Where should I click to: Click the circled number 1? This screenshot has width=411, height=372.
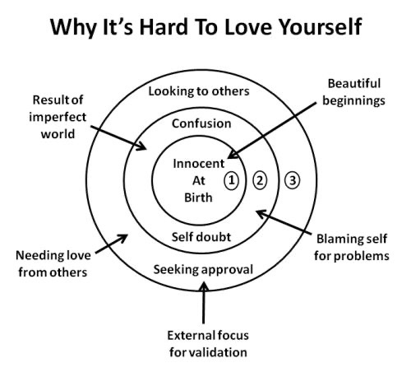click(232, 180)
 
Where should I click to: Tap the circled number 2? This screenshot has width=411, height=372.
click(260, 180)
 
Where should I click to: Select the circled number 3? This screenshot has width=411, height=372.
click(293, 180)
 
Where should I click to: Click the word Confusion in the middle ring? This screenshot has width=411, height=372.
click(201, 123)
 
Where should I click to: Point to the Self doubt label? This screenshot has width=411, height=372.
click(201, 237)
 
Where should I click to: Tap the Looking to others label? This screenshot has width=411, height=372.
click(199, 91)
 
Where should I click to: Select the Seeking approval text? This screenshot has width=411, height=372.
click(203, 270)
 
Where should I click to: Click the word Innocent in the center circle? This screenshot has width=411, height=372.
click(199, 164)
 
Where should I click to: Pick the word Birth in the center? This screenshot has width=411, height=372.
click(198, 198)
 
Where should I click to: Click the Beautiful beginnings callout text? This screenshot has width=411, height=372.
click(353, 92)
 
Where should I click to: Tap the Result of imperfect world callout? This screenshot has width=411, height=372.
click(58, 117)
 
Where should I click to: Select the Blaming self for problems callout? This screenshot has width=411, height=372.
click(352, 248)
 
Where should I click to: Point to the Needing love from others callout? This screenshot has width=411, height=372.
click(53, 264)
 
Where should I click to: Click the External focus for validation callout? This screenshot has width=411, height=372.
click(208, 344)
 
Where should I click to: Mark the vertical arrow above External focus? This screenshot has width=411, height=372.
click(203, 303)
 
